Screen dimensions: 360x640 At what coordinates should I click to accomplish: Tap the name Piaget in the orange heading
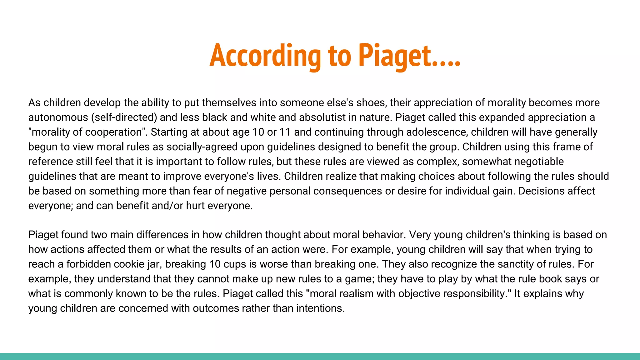pos(394,56)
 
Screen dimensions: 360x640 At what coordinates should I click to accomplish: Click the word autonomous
pos(58,117)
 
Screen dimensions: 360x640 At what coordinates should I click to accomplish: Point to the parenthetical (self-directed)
pos(124,117)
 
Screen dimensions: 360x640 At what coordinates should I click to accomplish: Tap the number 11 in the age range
pos(285,132)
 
